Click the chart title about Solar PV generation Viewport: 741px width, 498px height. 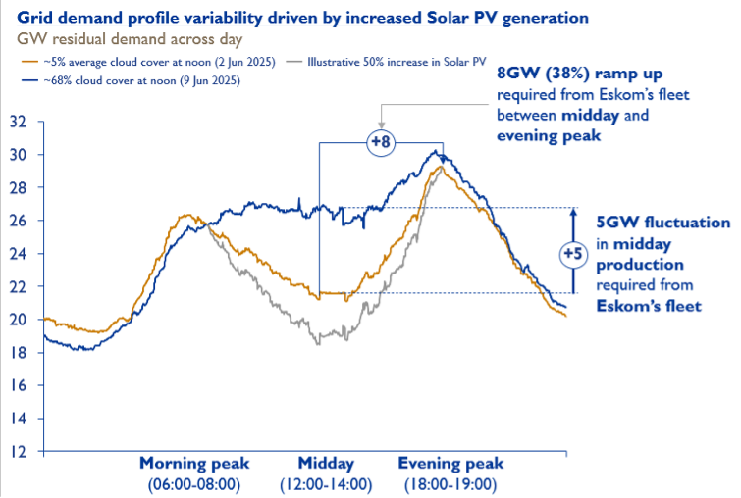(303, 18)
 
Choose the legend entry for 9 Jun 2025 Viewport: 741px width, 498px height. (134, 79)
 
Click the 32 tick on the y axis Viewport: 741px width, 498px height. (18, 123)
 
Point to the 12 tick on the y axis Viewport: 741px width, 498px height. (18, 452)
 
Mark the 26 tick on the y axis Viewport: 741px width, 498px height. (18, 222)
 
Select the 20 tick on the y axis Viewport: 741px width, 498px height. (18, 320)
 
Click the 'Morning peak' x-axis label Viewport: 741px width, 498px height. (194, 464)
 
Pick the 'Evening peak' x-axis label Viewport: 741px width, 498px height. (450, 464)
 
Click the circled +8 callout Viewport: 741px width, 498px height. (380, 143)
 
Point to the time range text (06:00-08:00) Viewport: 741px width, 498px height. (194, 484)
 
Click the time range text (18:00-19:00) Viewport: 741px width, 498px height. (450, 484)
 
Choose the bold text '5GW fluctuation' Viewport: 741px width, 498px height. (663, 223)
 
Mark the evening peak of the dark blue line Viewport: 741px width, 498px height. (436, 151)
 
